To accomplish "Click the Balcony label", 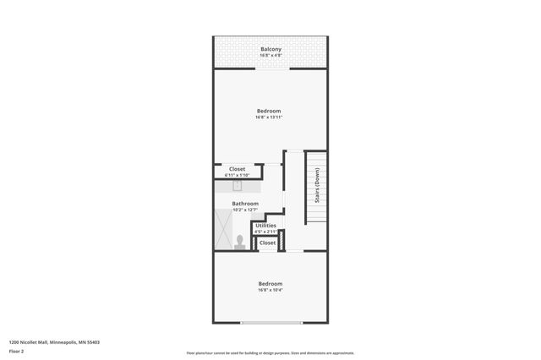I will click(270, 49).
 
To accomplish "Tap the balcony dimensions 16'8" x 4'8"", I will click(270, 55).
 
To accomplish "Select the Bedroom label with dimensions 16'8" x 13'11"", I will click(269, 111).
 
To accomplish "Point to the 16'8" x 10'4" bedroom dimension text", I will click(270, 290).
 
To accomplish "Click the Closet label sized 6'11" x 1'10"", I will click(237, 169).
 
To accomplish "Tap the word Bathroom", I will click(245, 204).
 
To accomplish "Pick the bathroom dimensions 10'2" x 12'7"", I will click(245, 210).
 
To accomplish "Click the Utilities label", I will click(265, 226).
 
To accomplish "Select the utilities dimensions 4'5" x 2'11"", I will click(265, 232).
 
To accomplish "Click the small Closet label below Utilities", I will click(267, 243).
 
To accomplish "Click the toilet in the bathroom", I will click(240, 243).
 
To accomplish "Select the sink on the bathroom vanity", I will click(238, 186).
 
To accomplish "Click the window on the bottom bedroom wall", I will click(270, 323).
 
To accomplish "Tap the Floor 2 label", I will click(16, 351).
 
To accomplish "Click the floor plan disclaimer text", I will click(270, 353).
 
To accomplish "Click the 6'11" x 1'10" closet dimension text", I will click(237, 175).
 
